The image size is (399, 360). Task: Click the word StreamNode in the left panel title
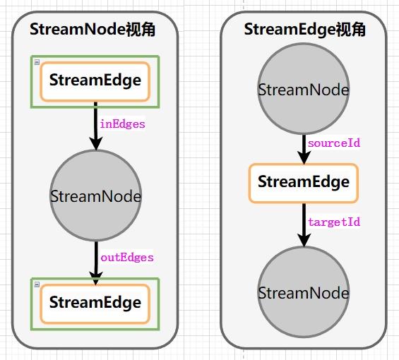77,30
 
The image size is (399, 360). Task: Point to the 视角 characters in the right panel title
350,30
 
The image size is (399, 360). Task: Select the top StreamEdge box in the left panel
95,80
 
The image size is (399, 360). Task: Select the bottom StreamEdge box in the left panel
95,303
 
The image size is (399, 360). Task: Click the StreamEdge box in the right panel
304,182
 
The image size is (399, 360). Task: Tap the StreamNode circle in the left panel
95,196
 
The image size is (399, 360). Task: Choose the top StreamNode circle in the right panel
304,90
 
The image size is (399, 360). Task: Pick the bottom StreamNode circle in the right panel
304,292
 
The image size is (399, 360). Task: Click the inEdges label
122,124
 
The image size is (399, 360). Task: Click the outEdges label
126,257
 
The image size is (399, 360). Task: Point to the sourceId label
334,143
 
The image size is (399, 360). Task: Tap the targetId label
334,222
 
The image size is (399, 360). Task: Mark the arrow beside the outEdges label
95,260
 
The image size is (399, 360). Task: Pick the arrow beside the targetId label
304,224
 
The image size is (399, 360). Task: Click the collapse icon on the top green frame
35,61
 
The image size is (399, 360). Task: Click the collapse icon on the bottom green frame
35,282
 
